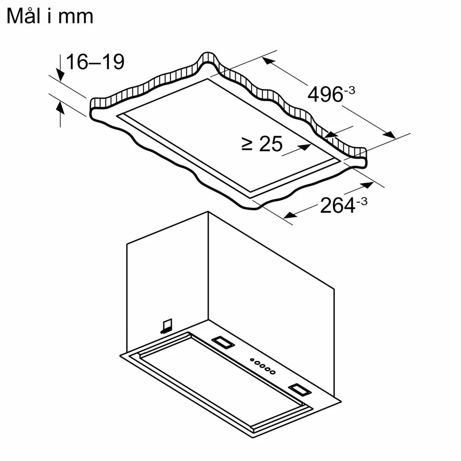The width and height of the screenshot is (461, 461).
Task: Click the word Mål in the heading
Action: point(26,16)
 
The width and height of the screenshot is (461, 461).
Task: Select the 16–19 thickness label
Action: point(95,62)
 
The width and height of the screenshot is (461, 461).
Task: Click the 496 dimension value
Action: point(325,95)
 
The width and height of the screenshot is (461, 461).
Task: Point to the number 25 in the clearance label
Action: point(270,144)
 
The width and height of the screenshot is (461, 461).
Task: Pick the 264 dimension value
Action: point(337,206)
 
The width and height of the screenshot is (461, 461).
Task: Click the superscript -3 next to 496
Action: point(349,90)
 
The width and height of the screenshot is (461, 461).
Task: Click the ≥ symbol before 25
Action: point(247,145)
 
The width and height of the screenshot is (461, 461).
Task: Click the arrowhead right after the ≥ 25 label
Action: point(304,147)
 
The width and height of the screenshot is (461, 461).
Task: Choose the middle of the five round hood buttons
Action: point(262,366)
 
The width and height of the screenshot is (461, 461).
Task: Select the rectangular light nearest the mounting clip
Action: point(222,342)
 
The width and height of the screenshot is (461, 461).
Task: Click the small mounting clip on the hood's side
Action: point(166,326)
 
